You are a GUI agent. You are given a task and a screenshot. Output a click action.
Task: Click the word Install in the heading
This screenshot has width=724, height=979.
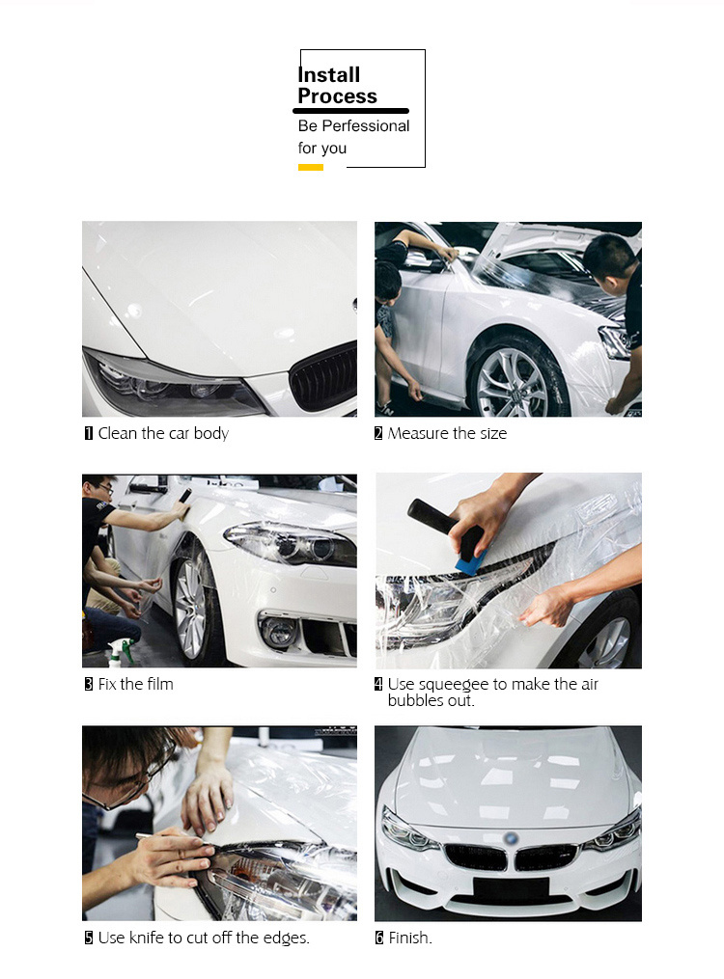click(x=329, y=75)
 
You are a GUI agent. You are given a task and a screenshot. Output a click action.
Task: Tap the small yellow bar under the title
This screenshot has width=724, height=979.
click(x=311, y=167)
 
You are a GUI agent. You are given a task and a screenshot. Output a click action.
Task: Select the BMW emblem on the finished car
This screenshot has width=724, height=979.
click(x=512, y=838)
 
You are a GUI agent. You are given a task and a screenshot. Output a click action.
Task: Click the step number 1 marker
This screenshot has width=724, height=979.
click(x=89, y=433)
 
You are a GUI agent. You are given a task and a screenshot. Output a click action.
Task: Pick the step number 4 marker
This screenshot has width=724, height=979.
click(x=378, y=684)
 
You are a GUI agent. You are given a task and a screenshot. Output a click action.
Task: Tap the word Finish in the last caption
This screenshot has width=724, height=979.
click(x=408, y=938)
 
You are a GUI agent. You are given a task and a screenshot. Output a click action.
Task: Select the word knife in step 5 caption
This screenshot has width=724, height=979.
click(x=146, y=938)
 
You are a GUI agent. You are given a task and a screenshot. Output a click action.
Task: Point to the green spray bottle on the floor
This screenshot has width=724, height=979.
click(x=122, y=652)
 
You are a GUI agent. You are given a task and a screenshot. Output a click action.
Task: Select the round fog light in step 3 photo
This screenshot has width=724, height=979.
click(x=279, y=631)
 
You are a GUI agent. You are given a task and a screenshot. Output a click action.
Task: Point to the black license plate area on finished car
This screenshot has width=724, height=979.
click(x=511, y=888)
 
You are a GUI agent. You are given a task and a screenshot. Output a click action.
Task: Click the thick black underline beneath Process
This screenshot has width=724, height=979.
click(x=350, y=111)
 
